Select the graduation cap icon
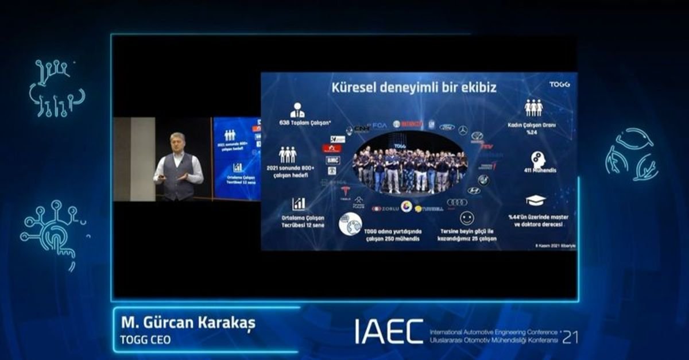coord(535,200)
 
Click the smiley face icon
coord(467,218)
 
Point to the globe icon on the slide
coord(350,223)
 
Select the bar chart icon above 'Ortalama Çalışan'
coord(299,204)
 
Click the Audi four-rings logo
coord(457,202)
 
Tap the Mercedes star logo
coord(463,130)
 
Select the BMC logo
coord(332,160)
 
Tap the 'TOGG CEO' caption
coord(145,339)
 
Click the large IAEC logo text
coord(389,332)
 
